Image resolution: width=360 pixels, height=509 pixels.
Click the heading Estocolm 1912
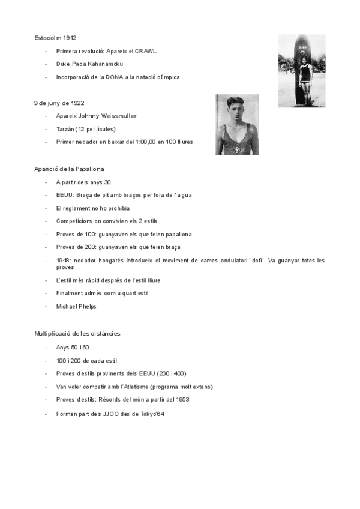(x=55, y=38)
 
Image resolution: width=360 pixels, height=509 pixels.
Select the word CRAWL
(x=146, y=52)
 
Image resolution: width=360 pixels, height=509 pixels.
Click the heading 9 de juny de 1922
(x=59, y=103)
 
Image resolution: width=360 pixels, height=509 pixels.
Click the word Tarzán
(x=65, y=129)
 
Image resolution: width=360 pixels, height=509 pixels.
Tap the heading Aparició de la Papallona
(x=69, y=169)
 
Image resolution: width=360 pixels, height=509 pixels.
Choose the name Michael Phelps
(x=76, y=306)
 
